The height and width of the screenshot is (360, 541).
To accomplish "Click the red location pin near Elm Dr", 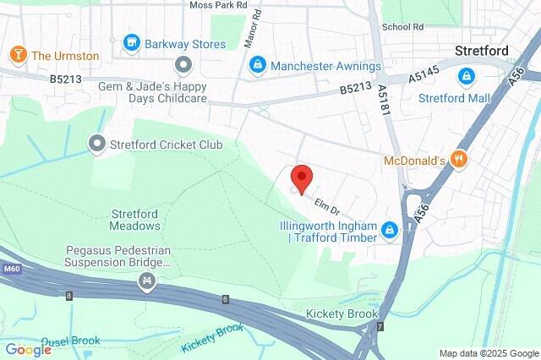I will [302, 178].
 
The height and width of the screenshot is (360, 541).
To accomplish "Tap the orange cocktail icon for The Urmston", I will [18, 56].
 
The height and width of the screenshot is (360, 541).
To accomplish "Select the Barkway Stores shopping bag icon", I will [131, 41].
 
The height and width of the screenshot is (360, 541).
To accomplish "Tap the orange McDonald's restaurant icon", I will [459, 159].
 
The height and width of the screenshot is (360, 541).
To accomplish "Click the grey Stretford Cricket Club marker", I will [98, 145].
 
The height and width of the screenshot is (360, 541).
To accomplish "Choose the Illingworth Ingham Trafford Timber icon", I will [389, 229].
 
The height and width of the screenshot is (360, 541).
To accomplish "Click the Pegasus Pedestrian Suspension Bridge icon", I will [148, 280].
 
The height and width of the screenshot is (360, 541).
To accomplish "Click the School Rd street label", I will [402, 27].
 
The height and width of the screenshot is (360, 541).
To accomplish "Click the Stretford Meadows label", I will [134, 220].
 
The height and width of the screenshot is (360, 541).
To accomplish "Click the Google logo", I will [29, 348].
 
